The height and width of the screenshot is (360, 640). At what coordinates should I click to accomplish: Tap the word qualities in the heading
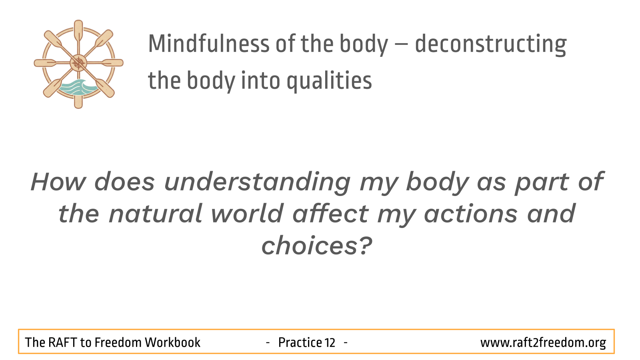click(x=329, y=81)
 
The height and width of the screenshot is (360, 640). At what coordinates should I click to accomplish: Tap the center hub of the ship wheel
click(x=78, y=63)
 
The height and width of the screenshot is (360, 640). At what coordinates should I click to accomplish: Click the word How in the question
click(x=58, y=182)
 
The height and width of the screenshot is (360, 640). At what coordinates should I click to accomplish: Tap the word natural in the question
click(x=156, y=213)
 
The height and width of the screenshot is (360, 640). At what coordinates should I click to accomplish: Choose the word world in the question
click(x=247, y=213)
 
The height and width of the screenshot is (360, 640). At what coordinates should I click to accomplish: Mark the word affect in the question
click(x=331, y=213)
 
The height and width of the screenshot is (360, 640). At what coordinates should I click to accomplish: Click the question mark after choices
click(x=365, y=245)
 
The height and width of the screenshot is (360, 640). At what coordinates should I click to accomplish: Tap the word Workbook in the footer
click(x=172, y=342)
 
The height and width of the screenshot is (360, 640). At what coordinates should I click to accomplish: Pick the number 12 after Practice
click(x=330, y=342)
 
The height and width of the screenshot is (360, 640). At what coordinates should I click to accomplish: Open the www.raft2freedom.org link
click(x=543, y=343)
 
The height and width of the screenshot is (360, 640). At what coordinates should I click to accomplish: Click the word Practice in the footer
click(x=300, y=342)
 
